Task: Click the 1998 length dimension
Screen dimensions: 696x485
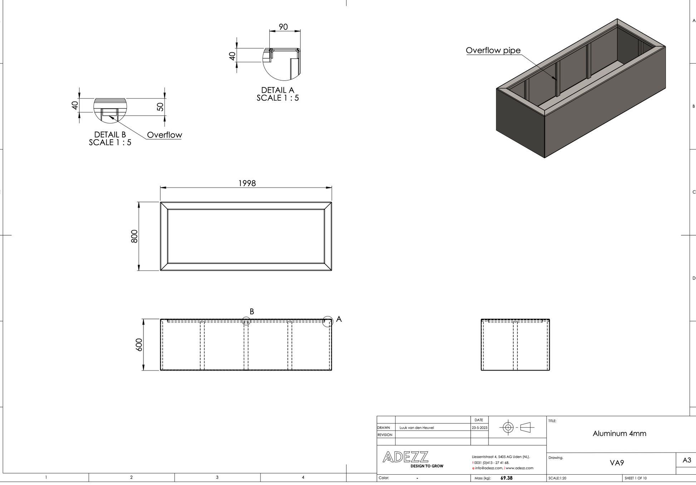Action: click(x=247, y=183)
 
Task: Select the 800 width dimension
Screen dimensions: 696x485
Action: click(x=134, y=236)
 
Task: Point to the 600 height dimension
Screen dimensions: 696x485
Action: click(x=139, y=345)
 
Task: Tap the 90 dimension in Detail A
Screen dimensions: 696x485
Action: click(x=283, y=27)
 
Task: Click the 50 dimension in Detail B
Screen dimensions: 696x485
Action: click(x=160, y=107)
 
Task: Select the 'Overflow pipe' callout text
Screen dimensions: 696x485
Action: click(x=493, y=50)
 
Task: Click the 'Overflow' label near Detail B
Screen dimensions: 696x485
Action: click(x=165, y=135)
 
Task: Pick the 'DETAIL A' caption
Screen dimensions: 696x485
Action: click(x=278, y=90)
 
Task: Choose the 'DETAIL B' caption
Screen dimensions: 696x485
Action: click(x=110, y=135)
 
